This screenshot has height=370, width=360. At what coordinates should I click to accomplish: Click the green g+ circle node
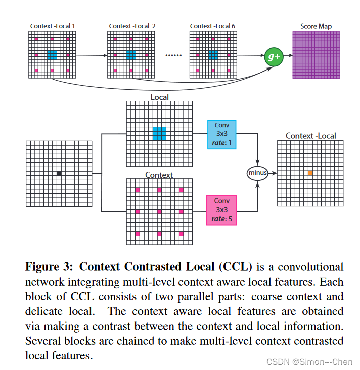[x=274, y=57]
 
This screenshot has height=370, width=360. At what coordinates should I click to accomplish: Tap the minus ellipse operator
[x=257, y=173]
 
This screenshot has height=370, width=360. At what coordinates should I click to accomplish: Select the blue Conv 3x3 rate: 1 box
[x=221, y=134]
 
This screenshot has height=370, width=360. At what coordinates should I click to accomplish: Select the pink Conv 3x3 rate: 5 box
[x=221, y=210]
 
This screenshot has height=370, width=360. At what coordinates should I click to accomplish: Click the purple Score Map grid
[x=316, y=55]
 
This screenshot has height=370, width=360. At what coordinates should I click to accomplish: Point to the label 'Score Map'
[x=316, y=26]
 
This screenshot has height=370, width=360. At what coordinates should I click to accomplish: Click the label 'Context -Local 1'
[x=52, y=26]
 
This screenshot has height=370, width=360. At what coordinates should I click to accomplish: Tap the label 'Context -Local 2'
[x=132, y=26]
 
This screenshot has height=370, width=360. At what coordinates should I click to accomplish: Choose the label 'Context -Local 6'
[x=212, y=26]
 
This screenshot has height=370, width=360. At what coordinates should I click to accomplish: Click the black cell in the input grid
[x=59, y=173]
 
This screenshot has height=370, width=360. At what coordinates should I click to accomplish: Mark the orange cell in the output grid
[x=310, y=173]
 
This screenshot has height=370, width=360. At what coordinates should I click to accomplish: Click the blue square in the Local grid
[x=159, y=133]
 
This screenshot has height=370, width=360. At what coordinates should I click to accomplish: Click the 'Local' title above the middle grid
[x=159, y=97]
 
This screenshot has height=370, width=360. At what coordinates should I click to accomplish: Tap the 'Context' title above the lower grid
[x=159, y=175]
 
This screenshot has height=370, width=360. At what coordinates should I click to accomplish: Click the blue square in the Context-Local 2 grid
[x=131, y=55]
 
